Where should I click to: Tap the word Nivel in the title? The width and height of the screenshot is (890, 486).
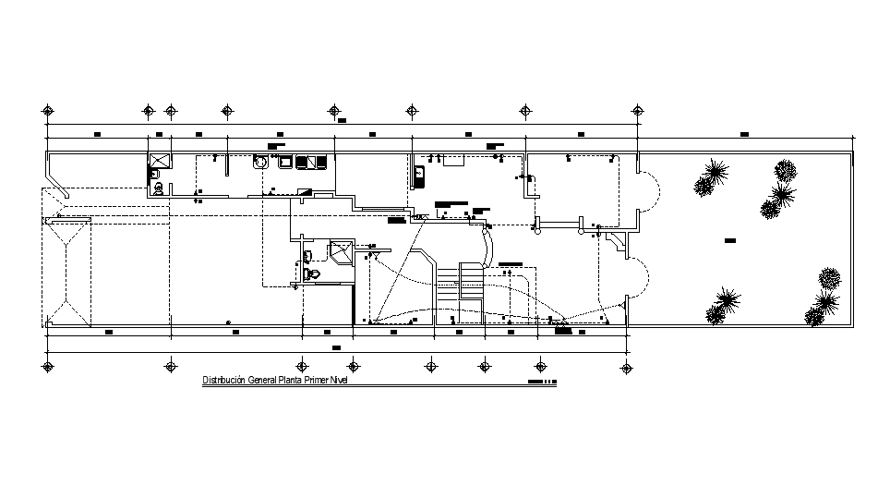tap(343, 381)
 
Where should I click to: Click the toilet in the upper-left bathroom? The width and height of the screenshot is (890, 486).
tap(158, 188)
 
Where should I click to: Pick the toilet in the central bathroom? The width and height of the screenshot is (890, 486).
tap(312, 273)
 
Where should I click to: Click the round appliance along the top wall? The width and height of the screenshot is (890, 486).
tap(261, 163)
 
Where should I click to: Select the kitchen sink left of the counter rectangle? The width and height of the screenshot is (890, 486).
tap(419, 174)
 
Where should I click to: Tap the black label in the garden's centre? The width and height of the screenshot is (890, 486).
tap(729, 239)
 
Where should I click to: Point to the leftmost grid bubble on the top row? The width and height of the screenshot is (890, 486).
tap(48, 111)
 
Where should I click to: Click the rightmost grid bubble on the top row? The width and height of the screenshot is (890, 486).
tap(637, 111)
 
